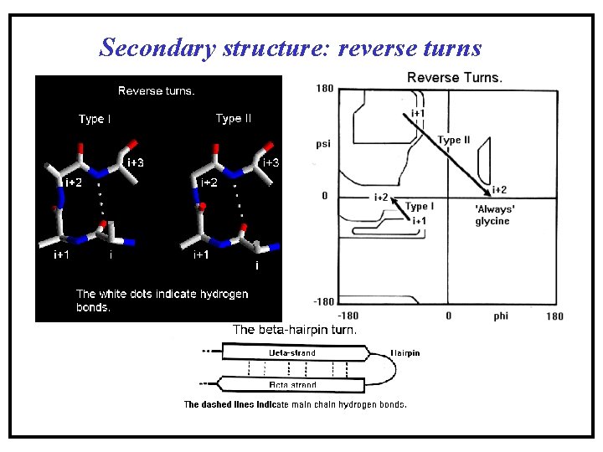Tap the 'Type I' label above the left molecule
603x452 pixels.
(x=94, y=119)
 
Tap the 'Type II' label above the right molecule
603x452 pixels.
(x=233, y=119)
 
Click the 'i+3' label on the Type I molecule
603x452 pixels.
(x=135, y=162)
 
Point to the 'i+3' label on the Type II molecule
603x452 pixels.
(x=271, y=162)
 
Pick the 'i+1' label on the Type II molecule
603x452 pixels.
(x=202, y=254)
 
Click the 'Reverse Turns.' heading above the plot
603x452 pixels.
(x=455, y=78)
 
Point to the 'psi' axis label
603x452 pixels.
(x=323, y=143)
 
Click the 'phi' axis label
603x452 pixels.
(x=501, y=316)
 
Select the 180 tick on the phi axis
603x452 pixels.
(x=554, y=316)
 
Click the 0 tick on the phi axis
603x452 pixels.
(x=448, y=316)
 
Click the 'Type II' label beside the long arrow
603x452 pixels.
(x=454, y=140)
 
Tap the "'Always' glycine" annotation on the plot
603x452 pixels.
(x=492, y=215)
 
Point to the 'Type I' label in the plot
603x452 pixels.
(x=419, y=206)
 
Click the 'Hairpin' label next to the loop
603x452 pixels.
(x=405, y=353)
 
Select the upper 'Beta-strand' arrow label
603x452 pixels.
(x=292, y=353)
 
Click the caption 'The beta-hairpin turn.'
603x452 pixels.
(x=295, y=330)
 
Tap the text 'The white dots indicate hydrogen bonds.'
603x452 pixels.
(x=162, y=300)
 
